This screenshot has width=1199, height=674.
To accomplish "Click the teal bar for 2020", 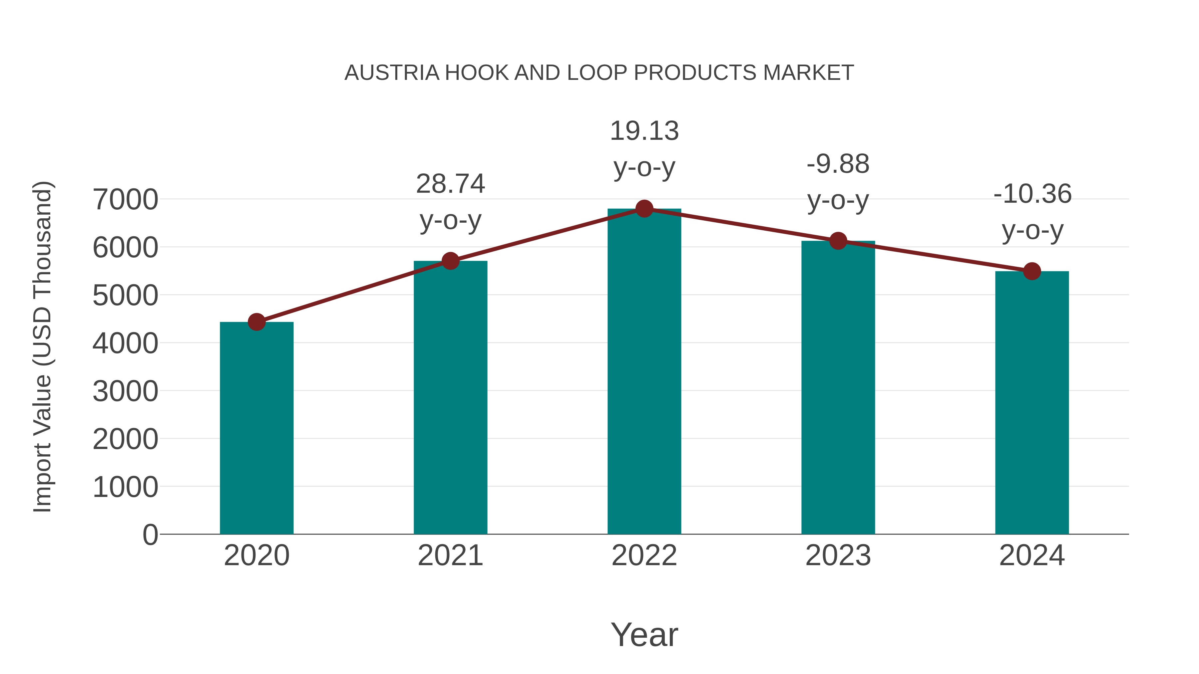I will [x=256, y=428].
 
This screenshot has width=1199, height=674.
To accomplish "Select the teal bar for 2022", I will [x=644, y=372].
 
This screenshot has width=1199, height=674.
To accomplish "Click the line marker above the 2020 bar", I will [x=256, y=322].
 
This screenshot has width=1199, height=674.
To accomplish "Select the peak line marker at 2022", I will [x=644, y=209].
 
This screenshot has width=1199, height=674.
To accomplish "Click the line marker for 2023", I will [x=838, y=241].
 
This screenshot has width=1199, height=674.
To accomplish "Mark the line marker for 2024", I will [x=1032, y=271].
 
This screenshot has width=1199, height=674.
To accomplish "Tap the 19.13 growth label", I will [x=644, y=131].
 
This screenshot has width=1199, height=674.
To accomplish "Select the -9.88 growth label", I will [x=838, y=164].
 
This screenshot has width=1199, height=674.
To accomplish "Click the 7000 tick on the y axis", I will [x=125, y=200].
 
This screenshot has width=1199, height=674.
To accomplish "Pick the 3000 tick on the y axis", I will [x=125, y=391].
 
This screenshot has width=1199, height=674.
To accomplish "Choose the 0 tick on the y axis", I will [x=150, y=535].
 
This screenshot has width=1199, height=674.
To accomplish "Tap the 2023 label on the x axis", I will [x=838, y=556].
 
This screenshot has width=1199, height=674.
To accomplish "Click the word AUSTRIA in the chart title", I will [x=392, y=73].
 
